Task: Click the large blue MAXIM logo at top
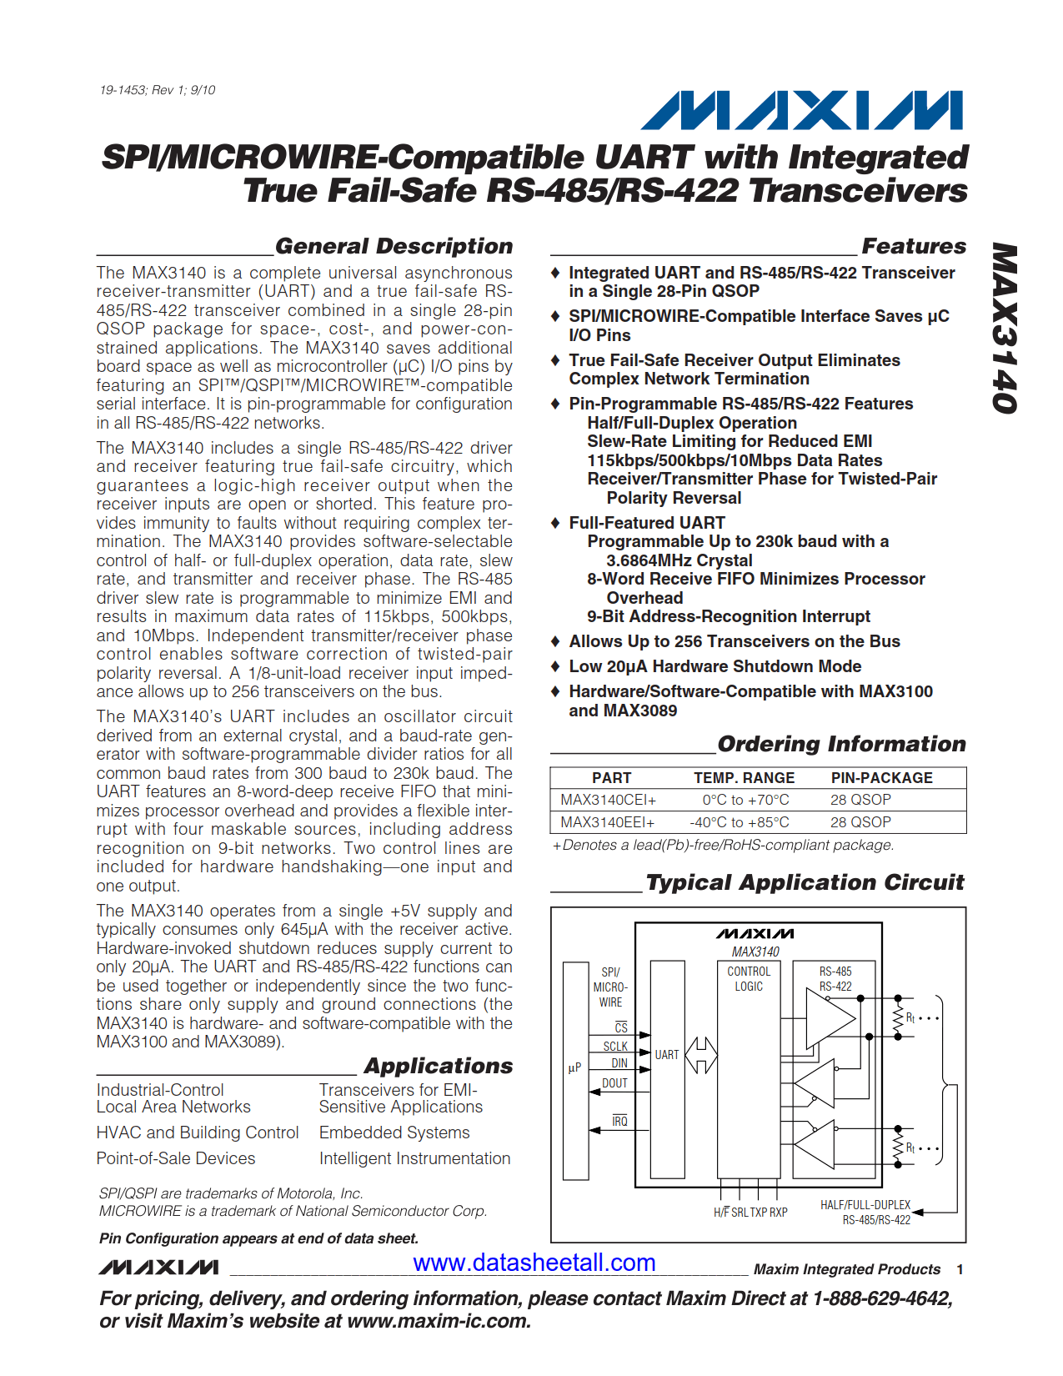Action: pyautogui.click(x=801, y=110)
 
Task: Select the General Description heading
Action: pyautogui.click(x=394, y=246)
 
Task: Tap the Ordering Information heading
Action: pyautogui.click(x=841, y=744)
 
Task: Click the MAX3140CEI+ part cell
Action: pyautogui.click(x=608, y=800)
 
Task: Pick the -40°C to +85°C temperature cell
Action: pyautogui.click(x=739, y=822)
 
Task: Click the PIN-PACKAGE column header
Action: pyautogui.click(x=881, y=777)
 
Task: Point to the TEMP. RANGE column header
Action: pyautogui.click(x=744, y=777)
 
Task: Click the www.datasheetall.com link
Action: pyautogui.click(x=534, y=1263)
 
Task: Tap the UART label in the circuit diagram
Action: pyautogui.click(x=666, y=1055)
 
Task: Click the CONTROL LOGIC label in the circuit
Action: pyautogui.click(x=749, y=979)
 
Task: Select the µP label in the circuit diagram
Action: pyautogui.click(x=574, y=1067)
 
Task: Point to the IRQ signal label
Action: pyautogui.click(x=619, y=1122)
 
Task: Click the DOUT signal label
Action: pyautogui.click(x=614, y=1083)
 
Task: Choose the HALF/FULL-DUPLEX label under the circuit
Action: pyautogui.click(x=865, y=1205)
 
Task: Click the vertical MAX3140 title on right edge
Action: pyautogui.click(x=1005, y=328)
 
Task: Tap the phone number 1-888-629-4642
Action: pyautogui.click(x=883, y=1298)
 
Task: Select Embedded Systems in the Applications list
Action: pyautogui.click(x=394, y=1132)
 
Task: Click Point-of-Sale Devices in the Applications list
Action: pyautogui.click(x=176, y=1158)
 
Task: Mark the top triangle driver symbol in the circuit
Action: pyautogui.click(x=830, y=1018)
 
